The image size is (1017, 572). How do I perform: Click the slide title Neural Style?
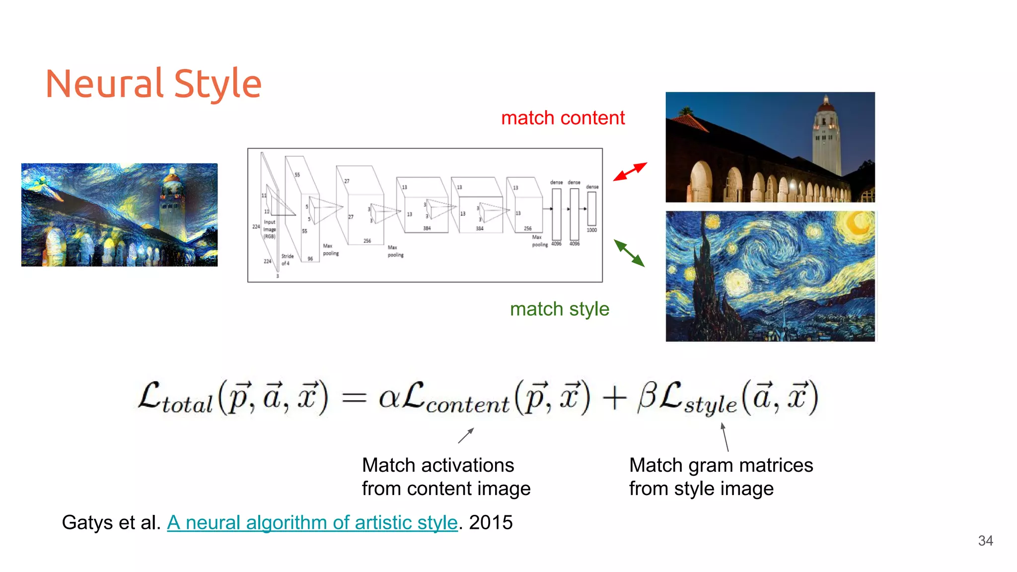point(153,83)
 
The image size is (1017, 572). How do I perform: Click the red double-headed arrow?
point(630,171)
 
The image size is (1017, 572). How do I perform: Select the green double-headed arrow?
point(629,253)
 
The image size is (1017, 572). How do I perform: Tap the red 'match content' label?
point(563,118)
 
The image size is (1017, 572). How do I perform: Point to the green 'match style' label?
point(559,309)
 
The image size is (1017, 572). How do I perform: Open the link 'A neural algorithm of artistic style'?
point(312,522)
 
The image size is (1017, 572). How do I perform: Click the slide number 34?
point(985,541)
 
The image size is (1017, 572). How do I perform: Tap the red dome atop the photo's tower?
point(826,104)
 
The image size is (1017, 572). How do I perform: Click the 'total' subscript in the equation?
point(187,405)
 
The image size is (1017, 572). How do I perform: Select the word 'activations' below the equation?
point(467,466)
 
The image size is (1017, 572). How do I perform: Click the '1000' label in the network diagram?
point(591,230)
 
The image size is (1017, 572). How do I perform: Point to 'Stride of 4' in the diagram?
point(287,260)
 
